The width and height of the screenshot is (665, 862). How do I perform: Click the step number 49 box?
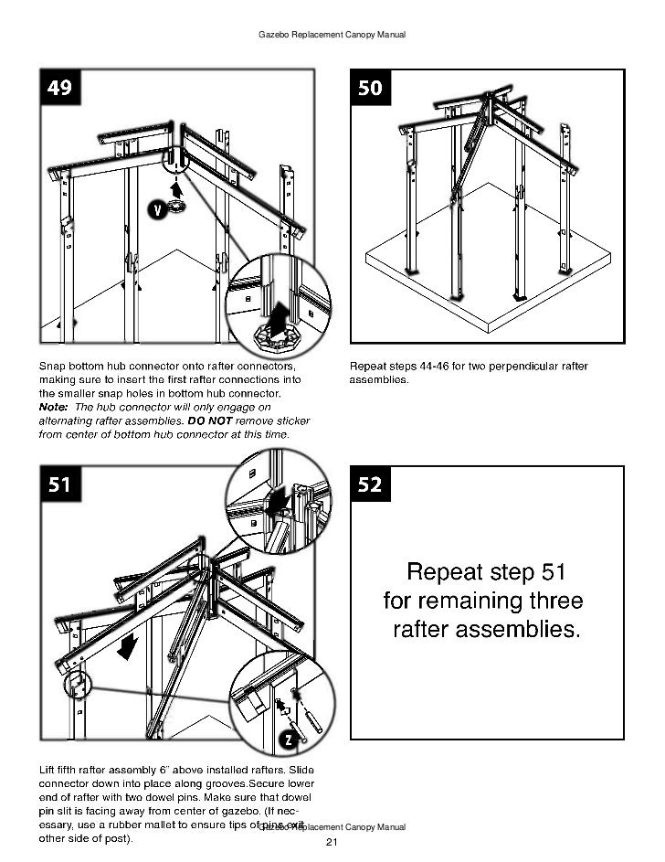click(59, 89)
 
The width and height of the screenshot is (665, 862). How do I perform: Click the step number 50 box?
click(371, 89)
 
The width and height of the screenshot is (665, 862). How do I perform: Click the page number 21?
click(332, 842)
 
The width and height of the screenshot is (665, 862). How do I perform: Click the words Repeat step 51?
click(486, 573)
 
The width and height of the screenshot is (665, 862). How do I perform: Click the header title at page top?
click(332, 35)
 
